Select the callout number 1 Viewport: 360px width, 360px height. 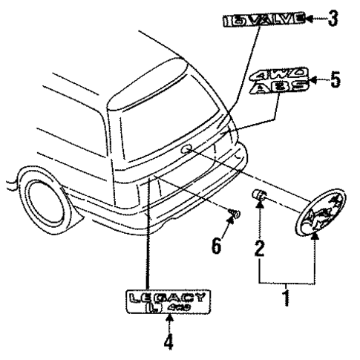[x=288, y=302]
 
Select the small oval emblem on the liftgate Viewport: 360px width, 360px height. [x=186, y=150]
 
